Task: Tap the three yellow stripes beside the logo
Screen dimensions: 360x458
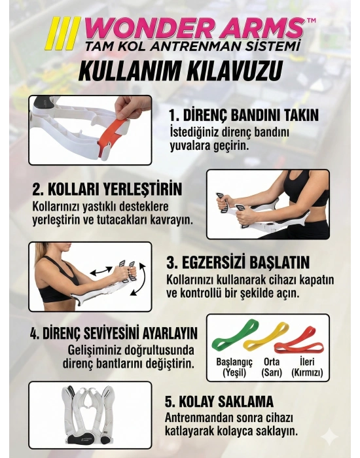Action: point(62,33)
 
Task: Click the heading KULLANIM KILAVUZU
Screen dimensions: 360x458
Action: point(181,71)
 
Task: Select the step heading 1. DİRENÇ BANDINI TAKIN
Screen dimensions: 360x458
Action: point(244,115)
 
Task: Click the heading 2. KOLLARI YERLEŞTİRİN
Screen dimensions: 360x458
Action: point(107,189)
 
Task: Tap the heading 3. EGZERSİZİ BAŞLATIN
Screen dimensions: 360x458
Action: point(238,262)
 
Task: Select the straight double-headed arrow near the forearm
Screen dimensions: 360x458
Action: point(101,271)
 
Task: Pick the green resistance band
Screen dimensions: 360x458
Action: point(236,334)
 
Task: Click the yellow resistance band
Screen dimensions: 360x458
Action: point(266,336)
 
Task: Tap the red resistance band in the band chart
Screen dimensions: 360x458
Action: point(298,341)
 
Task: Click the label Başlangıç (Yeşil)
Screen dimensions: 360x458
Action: point(234,367)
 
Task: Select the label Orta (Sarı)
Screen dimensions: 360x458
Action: point(272,367)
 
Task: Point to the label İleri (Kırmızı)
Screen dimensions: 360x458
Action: point(307,367)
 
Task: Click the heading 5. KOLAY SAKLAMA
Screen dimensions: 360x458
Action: point(219,401)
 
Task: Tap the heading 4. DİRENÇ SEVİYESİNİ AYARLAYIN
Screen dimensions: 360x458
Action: point(114,333)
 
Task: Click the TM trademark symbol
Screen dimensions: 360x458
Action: point(311,20)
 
